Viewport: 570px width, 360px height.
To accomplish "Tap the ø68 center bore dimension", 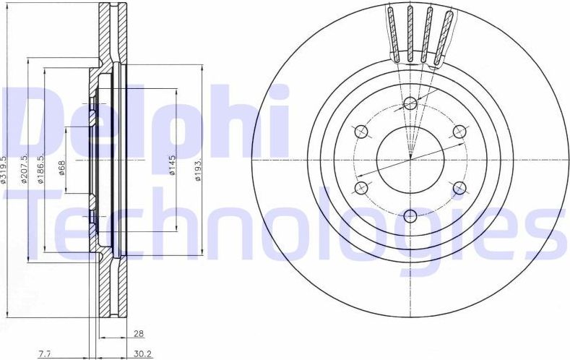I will (62, 168).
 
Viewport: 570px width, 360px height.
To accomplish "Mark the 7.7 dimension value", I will (45, 354).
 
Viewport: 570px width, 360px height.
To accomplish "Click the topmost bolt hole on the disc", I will (410, 103).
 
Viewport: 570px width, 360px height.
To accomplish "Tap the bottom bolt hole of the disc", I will (410, 215).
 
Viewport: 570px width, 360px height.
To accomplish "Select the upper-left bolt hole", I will (362, 131).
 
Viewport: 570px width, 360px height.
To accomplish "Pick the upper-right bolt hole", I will (458, 131).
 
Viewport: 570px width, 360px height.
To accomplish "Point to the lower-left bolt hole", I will (362, 188).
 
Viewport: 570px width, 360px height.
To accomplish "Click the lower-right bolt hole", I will (458, 188).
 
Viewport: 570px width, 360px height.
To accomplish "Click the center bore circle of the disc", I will (410, 160).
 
